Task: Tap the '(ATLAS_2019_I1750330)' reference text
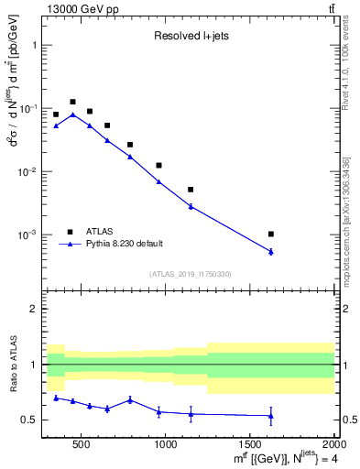point(191,273)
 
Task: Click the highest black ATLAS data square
point(72,102)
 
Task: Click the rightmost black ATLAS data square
point(271,234)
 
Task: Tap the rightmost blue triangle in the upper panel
point(271,251)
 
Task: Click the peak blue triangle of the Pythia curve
point(72,115)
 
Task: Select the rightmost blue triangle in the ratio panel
point(271,416)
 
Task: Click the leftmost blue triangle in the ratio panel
point(56,398)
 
